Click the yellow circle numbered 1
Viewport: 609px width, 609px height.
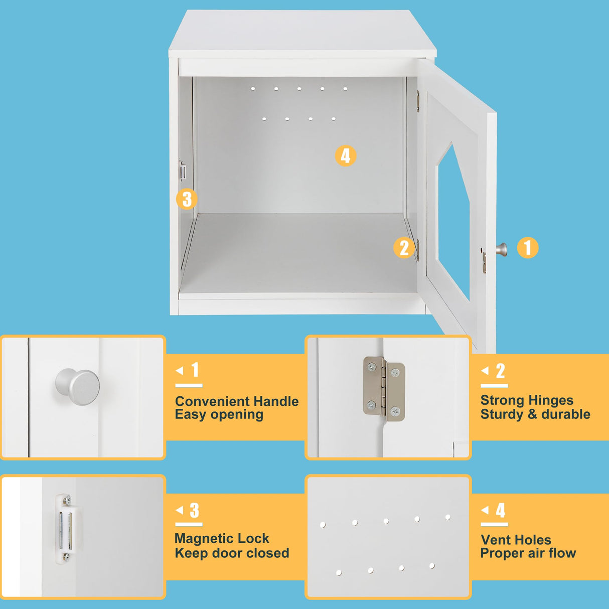pos(527,248)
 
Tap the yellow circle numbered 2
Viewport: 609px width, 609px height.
pos(404,248)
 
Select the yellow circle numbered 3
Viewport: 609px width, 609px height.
pos(187,199)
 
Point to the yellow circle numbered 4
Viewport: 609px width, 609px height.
pos(345,156)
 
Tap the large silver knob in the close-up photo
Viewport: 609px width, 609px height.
pos(78,387)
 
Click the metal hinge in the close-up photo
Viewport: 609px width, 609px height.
pos(384,389)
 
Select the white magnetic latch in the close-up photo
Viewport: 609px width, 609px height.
pos(65,528)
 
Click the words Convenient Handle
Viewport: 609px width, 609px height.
pos(237,401)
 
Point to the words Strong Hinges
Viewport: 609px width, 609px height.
pos(527,400)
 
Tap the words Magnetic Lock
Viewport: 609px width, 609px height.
pos(222,539)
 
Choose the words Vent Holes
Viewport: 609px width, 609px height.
pos(516,540)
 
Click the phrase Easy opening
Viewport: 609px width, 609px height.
pos(219,415)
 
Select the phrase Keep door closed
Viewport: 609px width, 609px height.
pos(232,553)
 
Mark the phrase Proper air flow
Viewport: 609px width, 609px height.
pos(528,553)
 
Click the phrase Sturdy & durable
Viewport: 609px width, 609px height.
pos(535,414)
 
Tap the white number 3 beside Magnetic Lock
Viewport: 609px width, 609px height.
pos(194,510)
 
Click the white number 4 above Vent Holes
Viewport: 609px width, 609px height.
pos(500,510)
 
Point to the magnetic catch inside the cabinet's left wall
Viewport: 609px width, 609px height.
pos(183,171)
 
